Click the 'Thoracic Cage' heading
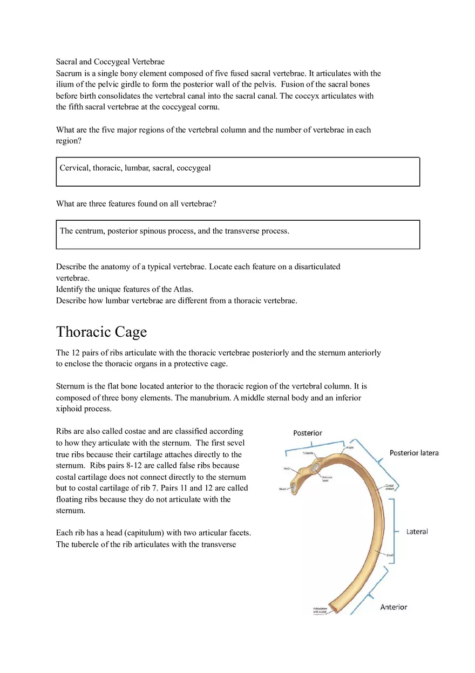(101, 331)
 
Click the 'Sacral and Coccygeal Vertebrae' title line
(110, 62)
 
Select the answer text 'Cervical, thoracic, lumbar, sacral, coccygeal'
(135, 168)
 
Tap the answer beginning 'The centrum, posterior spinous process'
(174, 231)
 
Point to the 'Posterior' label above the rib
(307, 433)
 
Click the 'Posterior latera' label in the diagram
(414, 453)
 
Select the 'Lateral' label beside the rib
(417, 532)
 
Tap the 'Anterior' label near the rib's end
(393, 607)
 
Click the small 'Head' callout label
(282, 490)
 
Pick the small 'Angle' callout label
(350, 446)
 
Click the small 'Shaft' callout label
(390, 555)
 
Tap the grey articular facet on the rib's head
(296, 490)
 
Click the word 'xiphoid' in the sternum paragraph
(69, 409)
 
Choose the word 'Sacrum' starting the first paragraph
(69, 73)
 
